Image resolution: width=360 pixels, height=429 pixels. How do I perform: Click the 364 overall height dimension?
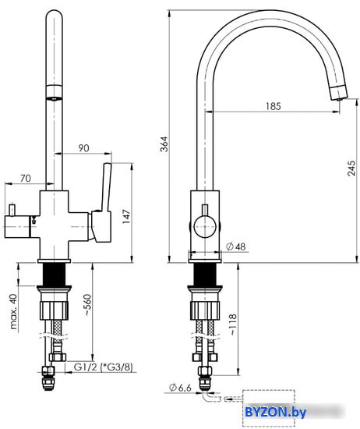pyautogui.click(x=164, y=144)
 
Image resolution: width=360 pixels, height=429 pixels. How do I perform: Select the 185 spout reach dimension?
pyautogui.click(x=274, y=106)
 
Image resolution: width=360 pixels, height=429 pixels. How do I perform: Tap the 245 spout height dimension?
pyautogui.click(x=351, y=168)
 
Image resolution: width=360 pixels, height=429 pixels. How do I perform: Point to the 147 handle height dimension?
pyautogui.click(x=126, y=217)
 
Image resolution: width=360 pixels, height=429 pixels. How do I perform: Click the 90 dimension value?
pyautogui.click(x=83, y=148)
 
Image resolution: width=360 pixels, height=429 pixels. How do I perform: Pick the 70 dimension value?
pyautogui.click(x=26, y=179)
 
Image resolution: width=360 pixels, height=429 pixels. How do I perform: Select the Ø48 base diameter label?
pyautogui.click(x=235, y=246)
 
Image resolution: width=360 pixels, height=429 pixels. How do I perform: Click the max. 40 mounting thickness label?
pyautogui.click(x=13, y=311)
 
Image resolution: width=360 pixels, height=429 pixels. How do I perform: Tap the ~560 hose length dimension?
pyautogui.click(x=87, y=305)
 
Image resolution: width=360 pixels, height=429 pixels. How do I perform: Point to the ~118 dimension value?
pyautogui.click(x=232, y=324)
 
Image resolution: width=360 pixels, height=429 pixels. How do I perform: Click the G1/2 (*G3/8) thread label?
pyautogui.click(x=104, y=367)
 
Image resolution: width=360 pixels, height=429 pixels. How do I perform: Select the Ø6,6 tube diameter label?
pyautogui.click(x=180, y=388)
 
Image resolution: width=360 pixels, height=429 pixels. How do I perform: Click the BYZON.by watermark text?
pyautogui.click(x=275, y=412)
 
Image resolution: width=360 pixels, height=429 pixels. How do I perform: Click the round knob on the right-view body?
pyautogui.click(x=205, y=226)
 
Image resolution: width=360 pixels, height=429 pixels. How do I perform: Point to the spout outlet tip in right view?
pyautogui.click(x=339, y=93)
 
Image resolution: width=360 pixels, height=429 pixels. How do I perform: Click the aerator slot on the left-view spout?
pyautogui.click(x=54, y=99)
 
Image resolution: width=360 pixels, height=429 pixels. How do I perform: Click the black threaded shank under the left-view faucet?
pyautogui.click(x=54, y=275)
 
